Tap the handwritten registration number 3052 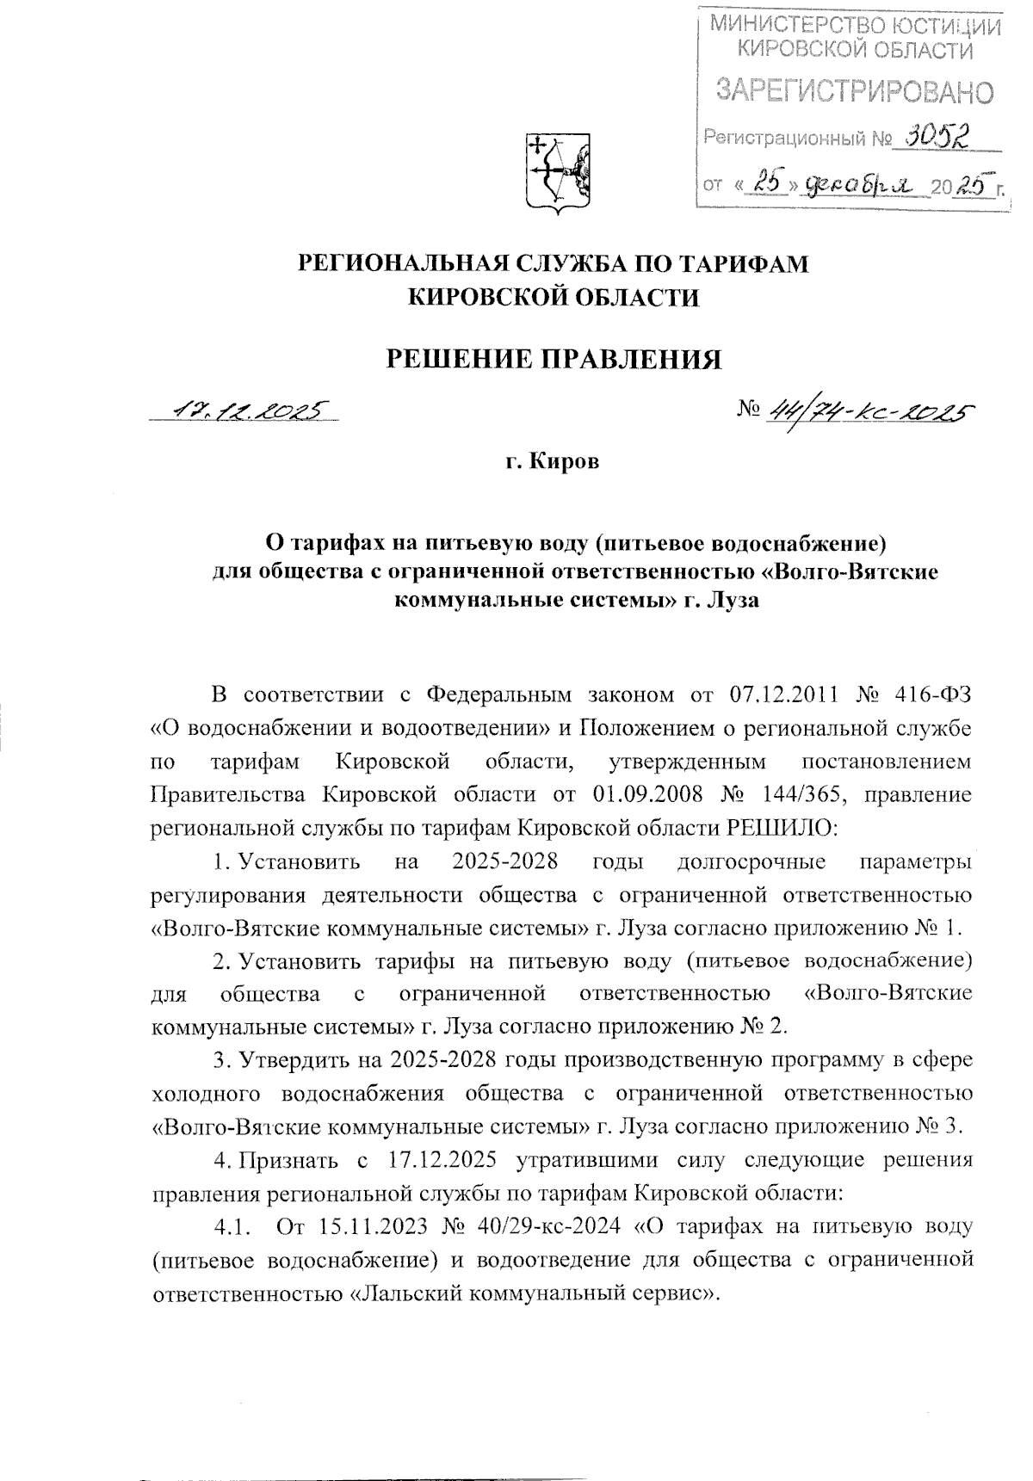coord(932,134)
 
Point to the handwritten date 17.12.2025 coord(244,411)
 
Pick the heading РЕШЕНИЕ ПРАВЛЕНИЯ coord(553,359)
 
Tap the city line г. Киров coord(553,463)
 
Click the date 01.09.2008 coord(642,794)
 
